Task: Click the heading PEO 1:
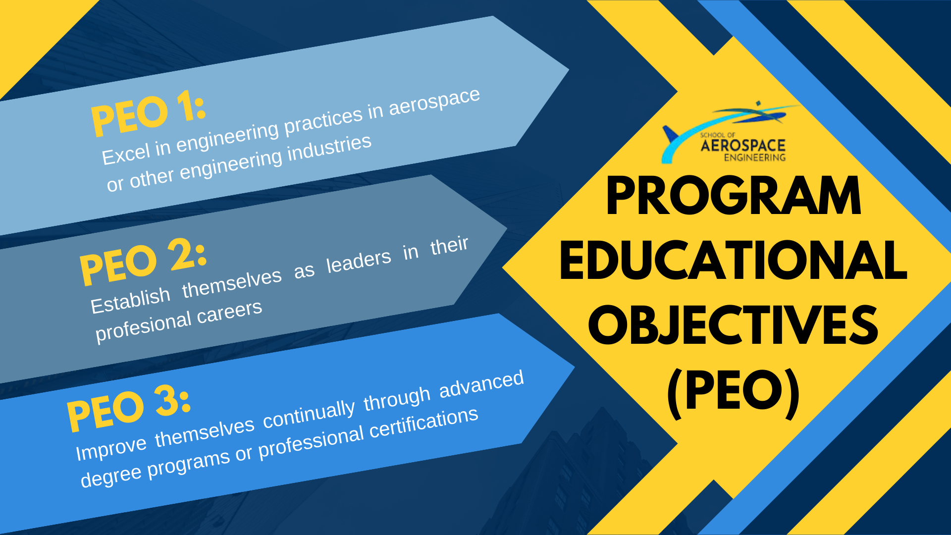(x=148, y=115)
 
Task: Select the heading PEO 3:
(x=128, y=409)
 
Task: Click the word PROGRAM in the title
(x=734, y=197)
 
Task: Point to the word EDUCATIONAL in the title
(x=733, y=261)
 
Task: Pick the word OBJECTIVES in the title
(x=733, y=324)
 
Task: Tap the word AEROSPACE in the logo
(x=743, y=146)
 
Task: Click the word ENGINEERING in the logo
(x=755, y=158)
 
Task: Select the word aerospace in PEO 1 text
(x=434, y=102)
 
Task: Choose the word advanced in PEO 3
(x=481, y=384)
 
